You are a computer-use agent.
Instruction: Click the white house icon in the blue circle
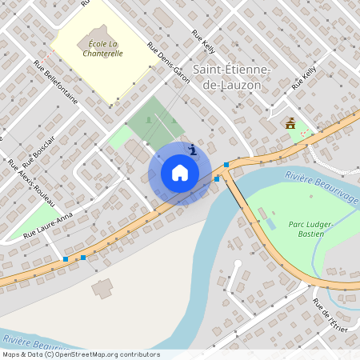(180, 173)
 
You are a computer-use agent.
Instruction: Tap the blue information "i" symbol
(193, 149)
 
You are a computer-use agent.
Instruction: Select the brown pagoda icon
(290, 123)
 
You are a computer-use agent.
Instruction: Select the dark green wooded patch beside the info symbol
(152, 120)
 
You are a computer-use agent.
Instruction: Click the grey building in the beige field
(102, 287)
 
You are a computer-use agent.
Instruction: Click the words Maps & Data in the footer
(22, 354)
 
